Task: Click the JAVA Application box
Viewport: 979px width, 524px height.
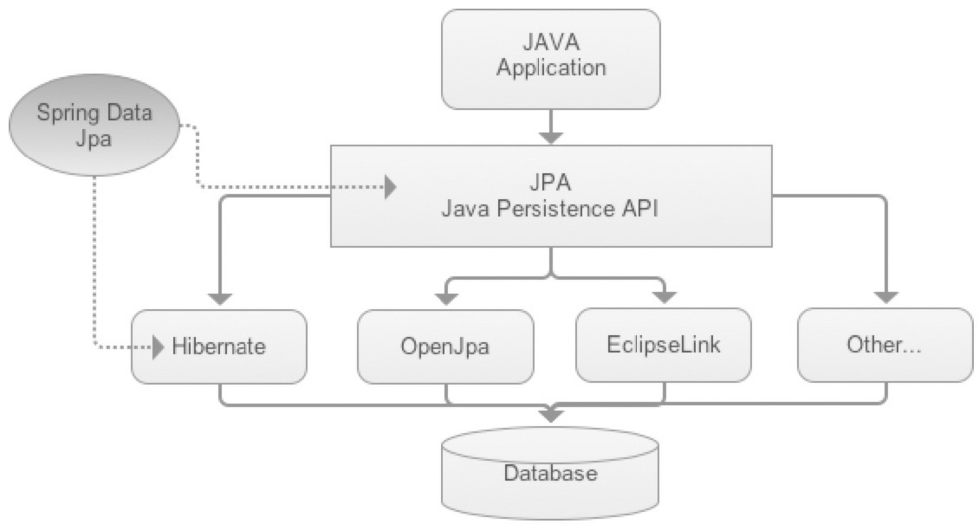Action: pos(550,56)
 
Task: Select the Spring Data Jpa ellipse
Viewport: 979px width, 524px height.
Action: pos(93,125)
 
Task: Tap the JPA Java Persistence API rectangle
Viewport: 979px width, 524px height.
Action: pos(550,197)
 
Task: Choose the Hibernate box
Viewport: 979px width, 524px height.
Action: pos(219,346)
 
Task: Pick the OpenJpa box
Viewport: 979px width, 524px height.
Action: pos(444,346)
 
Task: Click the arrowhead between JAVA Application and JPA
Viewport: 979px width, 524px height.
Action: pos(550,136)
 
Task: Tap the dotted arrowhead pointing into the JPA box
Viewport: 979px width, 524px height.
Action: pos(391,186)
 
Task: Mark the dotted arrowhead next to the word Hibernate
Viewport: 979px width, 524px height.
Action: pos(158,348)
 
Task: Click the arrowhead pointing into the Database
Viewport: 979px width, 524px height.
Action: pos(550,415)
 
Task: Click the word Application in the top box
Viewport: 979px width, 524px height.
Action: pos(550,68)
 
